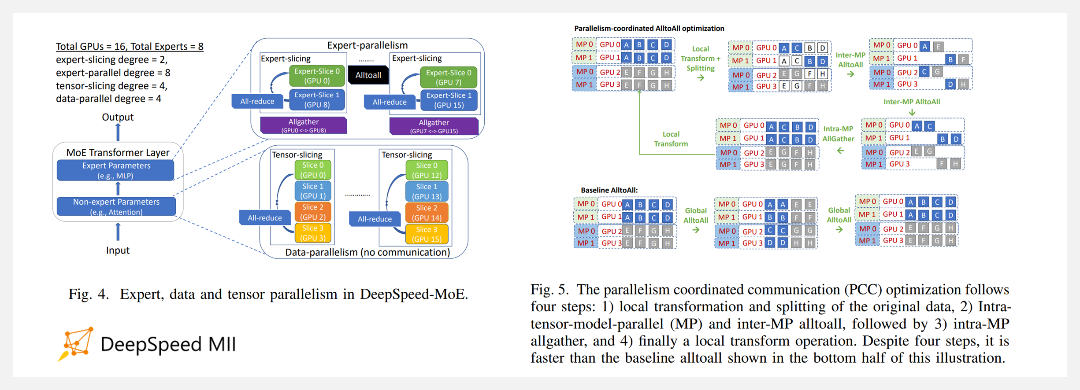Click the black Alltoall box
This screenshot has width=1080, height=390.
tap(368, 75)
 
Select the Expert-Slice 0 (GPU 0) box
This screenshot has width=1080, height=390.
tap(317, 76)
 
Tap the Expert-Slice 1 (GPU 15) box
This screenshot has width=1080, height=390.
tap(449, 100)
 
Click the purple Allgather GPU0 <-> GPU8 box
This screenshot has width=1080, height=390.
tap(304, 125)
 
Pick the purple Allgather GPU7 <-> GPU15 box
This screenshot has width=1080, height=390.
tap(434, 126)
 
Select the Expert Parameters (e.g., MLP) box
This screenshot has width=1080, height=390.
tap(116, 170)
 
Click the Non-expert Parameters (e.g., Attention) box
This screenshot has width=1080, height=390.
tap(116, 206)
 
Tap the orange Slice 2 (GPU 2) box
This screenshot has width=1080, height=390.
tap(313, 212)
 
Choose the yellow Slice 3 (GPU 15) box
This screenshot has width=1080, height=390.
tap(427, 234)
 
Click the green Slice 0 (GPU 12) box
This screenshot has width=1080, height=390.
tap(427, 170)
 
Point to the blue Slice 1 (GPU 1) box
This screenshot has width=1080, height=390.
tap(313, 191)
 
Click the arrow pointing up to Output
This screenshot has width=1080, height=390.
tap(118, 132)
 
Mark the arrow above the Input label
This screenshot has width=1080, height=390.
tap(118, 232)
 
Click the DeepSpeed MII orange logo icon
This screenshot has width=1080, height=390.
tap(76, 344)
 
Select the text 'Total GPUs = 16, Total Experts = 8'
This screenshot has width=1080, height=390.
tap(130, 46)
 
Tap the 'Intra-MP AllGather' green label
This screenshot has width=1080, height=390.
tap(838, 134)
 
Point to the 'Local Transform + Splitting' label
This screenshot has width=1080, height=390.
tap(700, 59)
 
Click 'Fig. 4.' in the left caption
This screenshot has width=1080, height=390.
tap(89, 294)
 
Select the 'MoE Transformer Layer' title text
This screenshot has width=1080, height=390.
tap(118, 153)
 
